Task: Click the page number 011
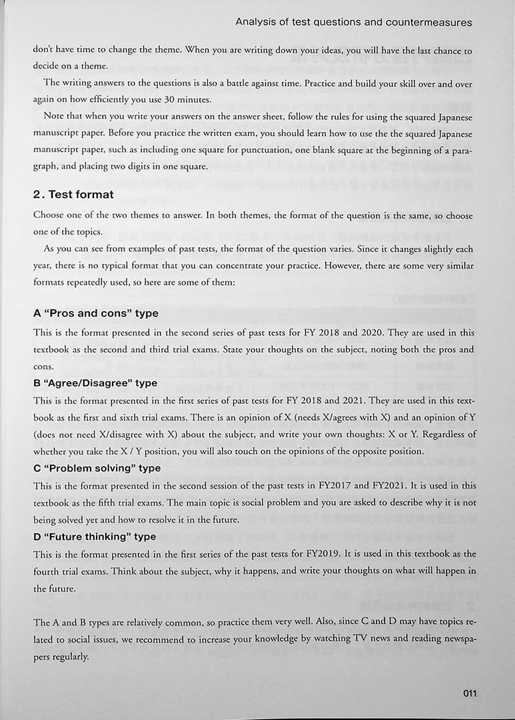click(470, 693)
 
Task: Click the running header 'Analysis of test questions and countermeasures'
click(354, 22)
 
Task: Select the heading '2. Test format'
click(73, 195)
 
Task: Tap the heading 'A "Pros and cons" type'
click(96, 313)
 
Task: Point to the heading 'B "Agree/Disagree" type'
click(95, 383)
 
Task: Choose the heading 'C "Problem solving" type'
click(97, 468)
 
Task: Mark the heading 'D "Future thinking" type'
click(95, 536)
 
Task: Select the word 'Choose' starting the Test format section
click(49, 215)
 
